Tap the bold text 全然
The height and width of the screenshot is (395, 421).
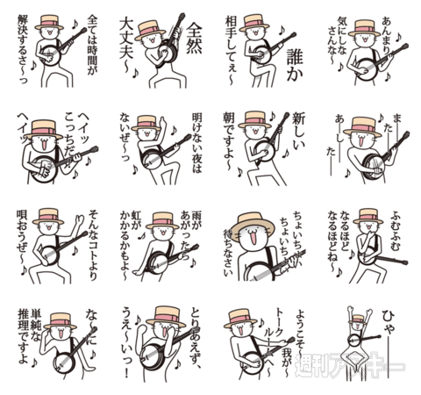pyautogui.click(x=196, y=34)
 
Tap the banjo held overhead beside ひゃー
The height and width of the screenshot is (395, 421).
pyautogui.click(x=356, y=340)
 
